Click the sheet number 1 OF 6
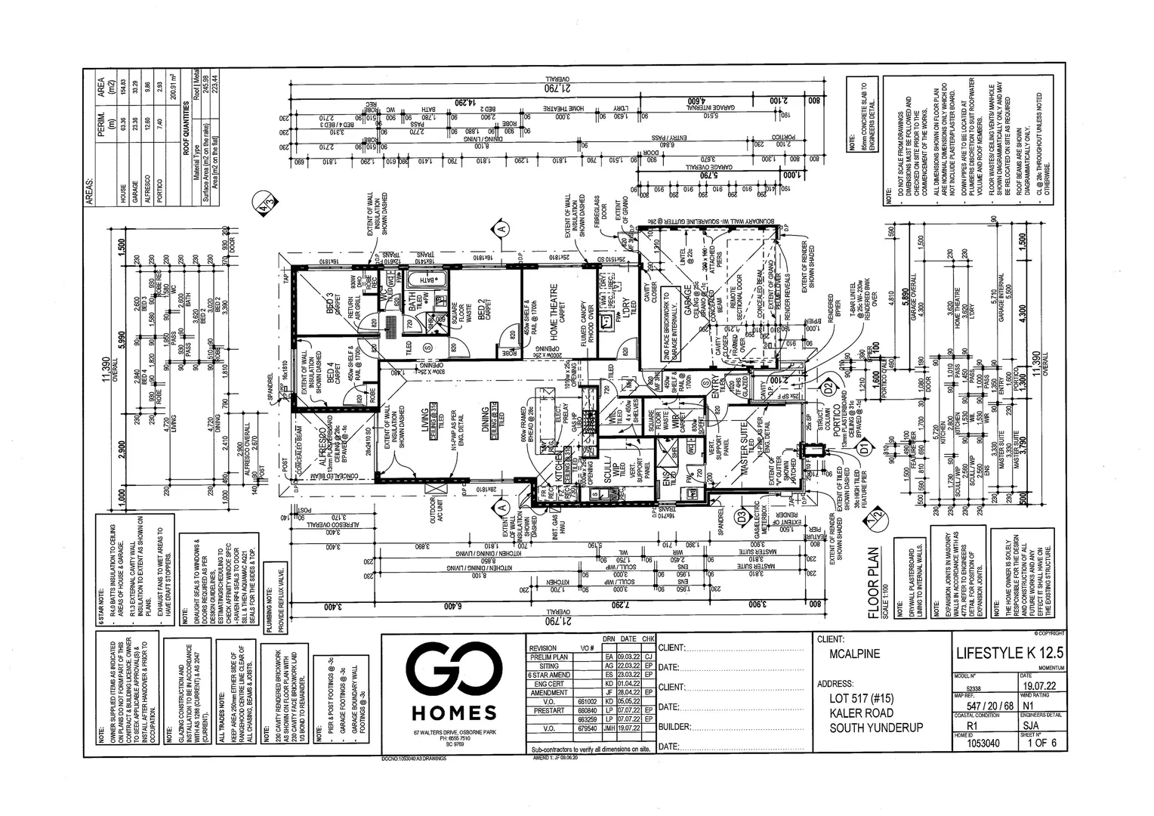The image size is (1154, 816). point(1039,743)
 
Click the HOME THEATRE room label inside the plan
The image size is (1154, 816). point(554,311)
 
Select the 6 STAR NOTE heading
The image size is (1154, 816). point(101,608)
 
